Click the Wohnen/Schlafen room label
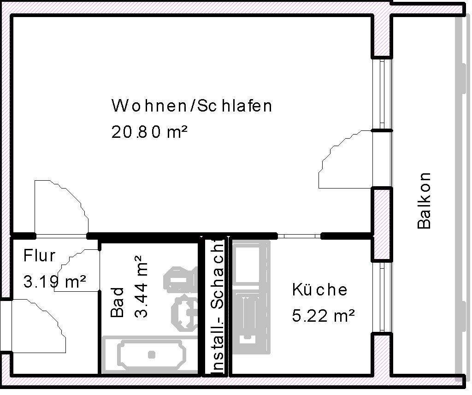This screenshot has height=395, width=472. click(x=191, y=106)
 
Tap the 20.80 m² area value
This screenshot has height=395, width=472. click(x=149, y=133)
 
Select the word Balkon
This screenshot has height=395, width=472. click(x=424, y=200)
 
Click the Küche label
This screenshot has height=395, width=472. click(x=319, y=290)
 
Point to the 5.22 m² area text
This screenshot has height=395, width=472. click(x=323, y=316)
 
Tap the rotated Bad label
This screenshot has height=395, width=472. click(x=118, y=302)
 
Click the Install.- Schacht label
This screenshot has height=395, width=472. click(x=217, y=306)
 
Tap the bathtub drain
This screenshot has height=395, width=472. click(x=152, y=354)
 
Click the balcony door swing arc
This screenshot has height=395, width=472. click(x=343, y=159)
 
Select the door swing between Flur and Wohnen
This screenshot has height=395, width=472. click(x=62, y=207)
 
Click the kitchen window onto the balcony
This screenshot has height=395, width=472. click(x=382, y=297)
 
